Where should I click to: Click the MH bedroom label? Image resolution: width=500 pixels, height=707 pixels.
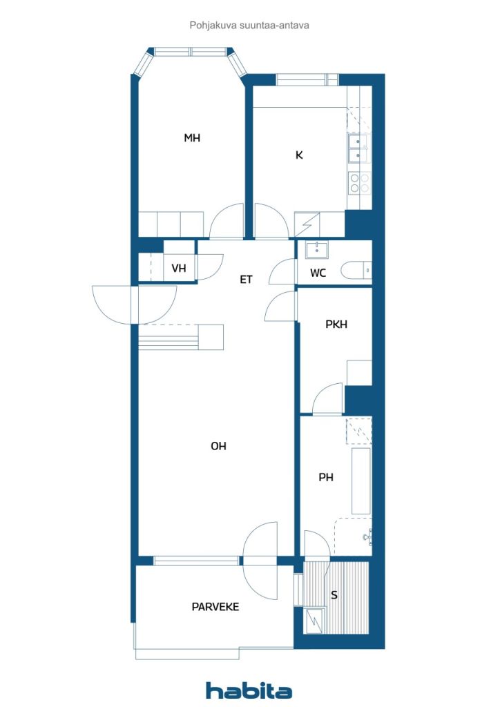pyautogui.click(x=191, y=137)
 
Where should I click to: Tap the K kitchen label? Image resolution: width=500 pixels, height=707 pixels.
pyautogui.click(x=299, y=155)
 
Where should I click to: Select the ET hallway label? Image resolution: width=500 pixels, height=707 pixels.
pyautogui.click(x=246, y=280)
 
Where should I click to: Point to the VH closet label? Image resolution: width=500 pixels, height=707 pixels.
pyautogui.click(x=179, y=269)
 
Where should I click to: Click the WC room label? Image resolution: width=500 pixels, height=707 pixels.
pyautogui.click(x=318, y=273)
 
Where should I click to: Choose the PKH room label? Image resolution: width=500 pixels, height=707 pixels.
pyautogui.click(x=336, y=325)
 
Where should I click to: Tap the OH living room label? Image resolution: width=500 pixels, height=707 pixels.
pyautogui.click(x=218, y=446)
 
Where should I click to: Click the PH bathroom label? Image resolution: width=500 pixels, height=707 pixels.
pyautogui.click(x=325, y=477)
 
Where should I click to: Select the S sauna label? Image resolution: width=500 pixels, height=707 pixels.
pyautogui.click(x=334, y=595)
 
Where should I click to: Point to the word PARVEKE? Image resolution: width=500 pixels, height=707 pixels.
pyautogui.click(x=215, y=607)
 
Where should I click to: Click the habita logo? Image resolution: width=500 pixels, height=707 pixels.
pyautogui.click(x=249, y=690)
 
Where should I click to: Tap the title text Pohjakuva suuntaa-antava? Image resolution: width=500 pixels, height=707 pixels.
pyautogui.click(x=249, y=26)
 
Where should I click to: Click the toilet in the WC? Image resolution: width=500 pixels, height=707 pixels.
pyautogui.click(x=356, y=271)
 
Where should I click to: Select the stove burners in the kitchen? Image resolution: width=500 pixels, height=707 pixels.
pyautogui.click(x=359, y=183)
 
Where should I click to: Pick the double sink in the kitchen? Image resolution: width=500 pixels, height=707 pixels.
pyautogui.click(x=358, y=148)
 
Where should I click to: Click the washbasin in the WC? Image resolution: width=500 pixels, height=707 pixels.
pyautogui.click(x=317, y=249)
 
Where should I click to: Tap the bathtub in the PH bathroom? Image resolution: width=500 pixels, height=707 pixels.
pyautogui.click(x=361, y=481)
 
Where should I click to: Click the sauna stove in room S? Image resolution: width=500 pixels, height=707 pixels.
pyautogui.click(x=315, y=620)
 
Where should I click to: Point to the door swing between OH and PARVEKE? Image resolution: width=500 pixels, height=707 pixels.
pyautogui.click(x=260, y=561)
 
